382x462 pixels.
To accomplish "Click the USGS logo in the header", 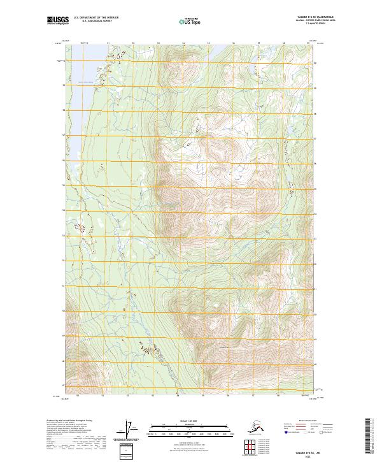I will pos(57,22).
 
